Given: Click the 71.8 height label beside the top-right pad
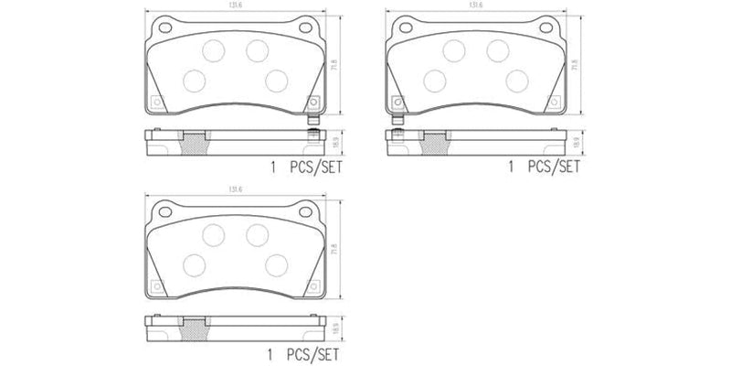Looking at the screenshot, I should [x=575, y=67].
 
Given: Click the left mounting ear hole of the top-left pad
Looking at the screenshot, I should [x=164, y=27].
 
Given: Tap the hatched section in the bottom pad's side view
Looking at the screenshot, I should [x=193, y=324].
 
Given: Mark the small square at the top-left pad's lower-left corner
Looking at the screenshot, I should [x=156, y=102].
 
